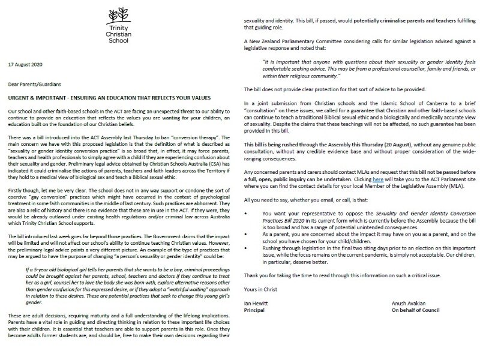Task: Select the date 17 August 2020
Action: [x=25, y=63]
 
